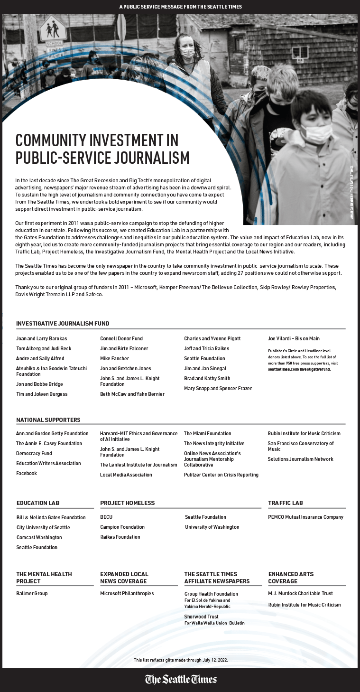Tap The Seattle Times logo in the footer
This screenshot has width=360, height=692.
tap(181, 679)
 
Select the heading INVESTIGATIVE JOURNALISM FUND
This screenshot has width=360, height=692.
tap(63, 324)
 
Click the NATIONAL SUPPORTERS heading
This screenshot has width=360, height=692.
tap(48, 420)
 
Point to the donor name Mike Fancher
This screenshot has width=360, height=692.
tap(114, 358)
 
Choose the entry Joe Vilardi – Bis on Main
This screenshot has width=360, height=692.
tap(294, 338)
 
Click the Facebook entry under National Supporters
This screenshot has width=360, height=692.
tap(27, 473)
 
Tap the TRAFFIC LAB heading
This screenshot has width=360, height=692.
tap(285, 503)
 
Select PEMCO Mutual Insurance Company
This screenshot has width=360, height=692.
tap(305, 517)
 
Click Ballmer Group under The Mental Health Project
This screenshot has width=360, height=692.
tap(32, 593)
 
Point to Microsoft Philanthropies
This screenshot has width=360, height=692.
tap(127, 593)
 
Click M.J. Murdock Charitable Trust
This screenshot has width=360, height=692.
tap(300, 593)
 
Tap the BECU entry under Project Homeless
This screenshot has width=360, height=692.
tap(106, 517)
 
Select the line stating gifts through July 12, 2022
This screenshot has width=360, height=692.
tap(180, 660)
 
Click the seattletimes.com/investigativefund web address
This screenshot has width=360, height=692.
tap(299, 369)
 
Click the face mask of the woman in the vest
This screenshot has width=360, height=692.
tap(187, 53)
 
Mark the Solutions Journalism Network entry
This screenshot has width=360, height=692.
tap(300, 459)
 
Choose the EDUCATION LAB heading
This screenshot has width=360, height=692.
tap(38, 503)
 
